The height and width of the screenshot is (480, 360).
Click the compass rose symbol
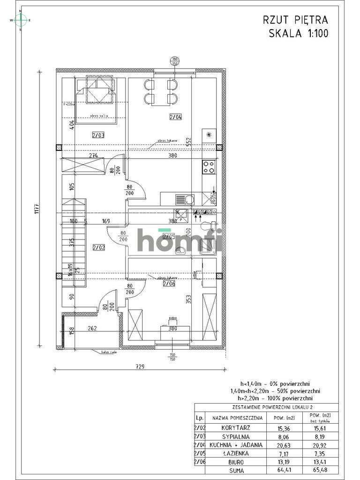click(20, 20)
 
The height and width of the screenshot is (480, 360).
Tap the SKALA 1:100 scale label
click(298, 33)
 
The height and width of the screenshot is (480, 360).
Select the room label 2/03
click(98, 135)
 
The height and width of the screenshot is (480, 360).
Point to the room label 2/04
click(176, 117)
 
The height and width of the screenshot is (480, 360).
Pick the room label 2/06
click(169, 283)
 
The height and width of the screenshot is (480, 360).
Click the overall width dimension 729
click(139, 367)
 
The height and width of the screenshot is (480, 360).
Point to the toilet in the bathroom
click(206, 226)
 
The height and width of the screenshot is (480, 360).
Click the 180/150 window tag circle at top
click(174, 61)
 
